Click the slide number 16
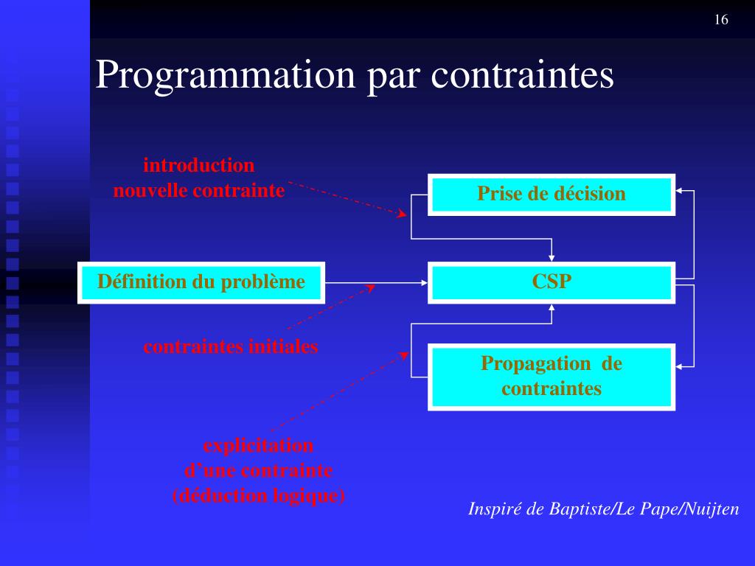[721, 20]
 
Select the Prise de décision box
[551, 194]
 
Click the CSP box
[551, 282]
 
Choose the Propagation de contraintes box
[551, 376]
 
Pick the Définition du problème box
[201, 282]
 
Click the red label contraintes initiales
[230, 346]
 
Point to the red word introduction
[198, 165]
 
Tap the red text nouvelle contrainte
[198, 191]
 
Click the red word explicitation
[258, 446]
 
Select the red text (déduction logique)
[258, 495]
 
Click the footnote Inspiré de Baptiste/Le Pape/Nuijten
[603, 509]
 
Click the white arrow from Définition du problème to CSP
[376, 282]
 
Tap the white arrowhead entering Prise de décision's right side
[681, 192]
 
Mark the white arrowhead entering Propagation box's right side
[681, 366]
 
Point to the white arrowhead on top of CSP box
[552, 256]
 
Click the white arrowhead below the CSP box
[552, 309]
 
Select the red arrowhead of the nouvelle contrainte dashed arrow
[402, 214]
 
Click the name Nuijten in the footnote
[713, 509]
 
